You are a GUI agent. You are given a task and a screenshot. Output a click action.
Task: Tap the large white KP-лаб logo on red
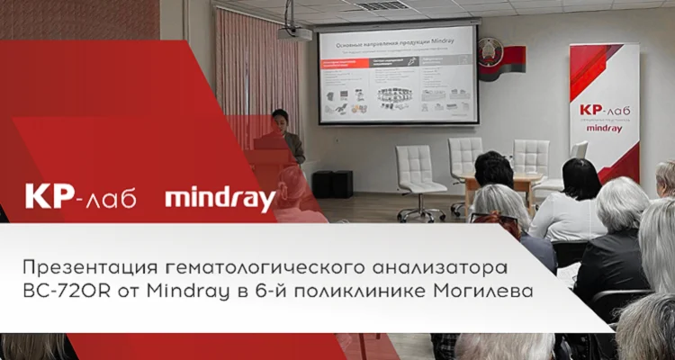click(x=80, y=197)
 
